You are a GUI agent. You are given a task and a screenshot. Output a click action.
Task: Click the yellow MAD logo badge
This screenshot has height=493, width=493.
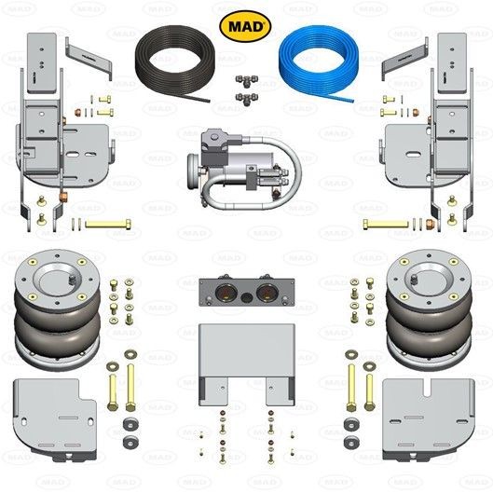(x=245, y=26)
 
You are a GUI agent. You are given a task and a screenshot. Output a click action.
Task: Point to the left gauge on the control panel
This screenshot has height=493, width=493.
(x=226, y=292)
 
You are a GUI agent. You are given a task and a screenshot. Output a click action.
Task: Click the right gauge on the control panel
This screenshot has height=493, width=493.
(x=267, y=292)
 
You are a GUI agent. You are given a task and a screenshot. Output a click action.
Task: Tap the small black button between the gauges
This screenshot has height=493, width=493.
(x=247, y=297)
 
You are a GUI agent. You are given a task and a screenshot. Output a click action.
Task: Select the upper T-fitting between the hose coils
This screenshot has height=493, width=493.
(x=247, y=80)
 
